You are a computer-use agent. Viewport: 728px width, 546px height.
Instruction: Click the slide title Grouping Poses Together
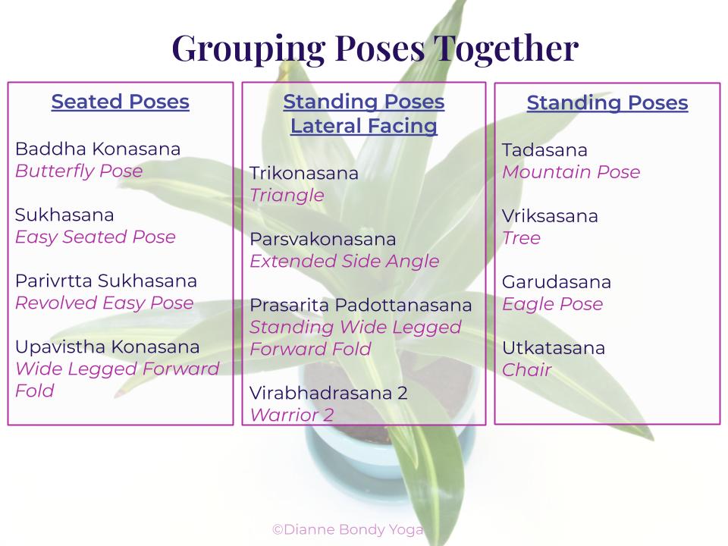[x=375, y=49]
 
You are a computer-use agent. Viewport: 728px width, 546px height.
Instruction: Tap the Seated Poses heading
[x=121, y=101]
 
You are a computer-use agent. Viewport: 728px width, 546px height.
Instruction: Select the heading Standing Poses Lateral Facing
[x=364, y=114]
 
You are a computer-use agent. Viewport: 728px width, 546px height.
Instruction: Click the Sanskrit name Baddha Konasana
[x=98, y=149]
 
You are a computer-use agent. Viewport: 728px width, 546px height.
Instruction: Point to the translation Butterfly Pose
[x=79, y=171]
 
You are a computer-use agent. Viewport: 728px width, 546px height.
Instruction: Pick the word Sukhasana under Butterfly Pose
[x=64, y=215]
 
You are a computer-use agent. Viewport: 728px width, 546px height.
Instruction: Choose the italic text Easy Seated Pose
[x=96, y=237]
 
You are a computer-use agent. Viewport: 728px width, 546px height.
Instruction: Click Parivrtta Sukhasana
[x=106, y=281]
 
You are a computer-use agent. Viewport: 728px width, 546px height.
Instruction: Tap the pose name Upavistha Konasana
[x=107, y=347]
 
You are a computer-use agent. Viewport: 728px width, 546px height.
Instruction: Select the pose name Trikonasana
[x=304, y=173]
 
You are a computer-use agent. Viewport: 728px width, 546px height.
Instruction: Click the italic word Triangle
[x=287, y=196]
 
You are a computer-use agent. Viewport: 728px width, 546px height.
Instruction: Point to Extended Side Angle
[x=344, y=261]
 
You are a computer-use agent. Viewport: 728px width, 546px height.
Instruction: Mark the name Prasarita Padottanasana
[x=361, y=305]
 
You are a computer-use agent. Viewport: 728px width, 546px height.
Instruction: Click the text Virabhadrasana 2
[x=328, y=394]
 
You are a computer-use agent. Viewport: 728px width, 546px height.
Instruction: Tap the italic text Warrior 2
[x=292, y=415]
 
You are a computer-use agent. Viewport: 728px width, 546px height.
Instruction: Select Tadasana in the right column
[x=544, y=150]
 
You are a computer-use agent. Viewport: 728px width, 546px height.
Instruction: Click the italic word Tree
[x=522, y=237]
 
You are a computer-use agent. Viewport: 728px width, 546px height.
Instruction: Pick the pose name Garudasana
[x=557, y=282]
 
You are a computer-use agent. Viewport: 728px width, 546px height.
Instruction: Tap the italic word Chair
[x=527, y=369]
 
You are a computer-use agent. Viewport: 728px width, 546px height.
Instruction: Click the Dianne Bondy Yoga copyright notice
[x=348, y=530]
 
